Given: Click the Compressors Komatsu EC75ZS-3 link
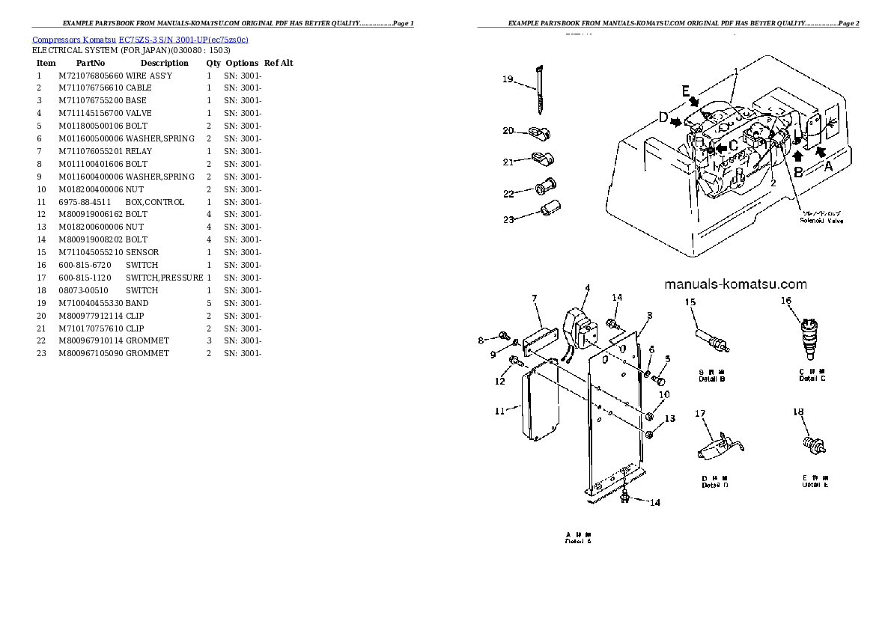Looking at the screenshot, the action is click(140, 39).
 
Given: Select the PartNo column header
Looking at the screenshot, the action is click(91, 63).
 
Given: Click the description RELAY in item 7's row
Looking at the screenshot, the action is click(137, 151).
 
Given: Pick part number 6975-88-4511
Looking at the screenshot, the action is click(85, 202).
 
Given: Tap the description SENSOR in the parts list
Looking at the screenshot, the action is click(142, 252).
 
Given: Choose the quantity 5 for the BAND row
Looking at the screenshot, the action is click(209, 303).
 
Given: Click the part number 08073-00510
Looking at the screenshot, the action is click(82, 290).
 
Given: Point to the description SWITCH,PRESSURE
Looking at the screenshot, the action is click(164, 278).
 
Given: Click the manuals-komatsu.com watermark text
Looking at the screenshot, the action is click(735, 284).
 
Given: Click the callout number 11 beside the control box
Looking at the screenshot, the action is click(500, 410).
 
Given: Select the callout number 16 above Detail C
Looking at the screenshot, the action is click(786, 301).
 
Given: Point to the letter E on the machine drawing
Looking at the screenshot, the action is click(685, 91).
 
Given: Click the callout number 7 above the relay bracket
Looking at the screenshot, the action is click(535, 299).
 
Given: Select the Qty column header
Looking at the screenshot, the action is click(213, 63).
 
